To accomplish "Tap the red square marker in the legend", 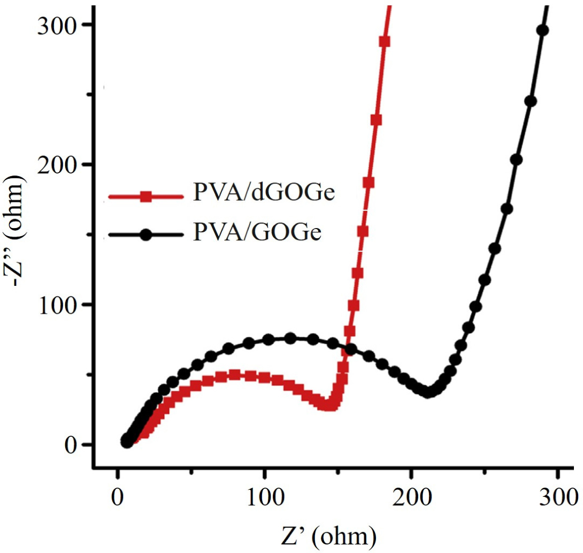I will pyautogui.click(x=144, y=197).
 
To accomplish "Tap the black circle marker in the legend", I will pyautogui.click(x=144, y=235).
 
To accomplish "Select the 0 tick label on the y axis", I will pyautogui.click(x=72, y=445).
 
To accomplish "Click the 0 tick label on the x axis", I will pyautogui.click(x=117, y=491).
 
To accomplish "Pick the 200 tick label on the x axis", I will pyautogui.click(x=411, y=491).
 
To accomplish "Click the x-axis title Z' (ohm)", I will pyautogui.click(x=338, y=533).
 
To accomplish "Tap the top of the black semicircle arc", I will pyautogui.click(x=290, y=338).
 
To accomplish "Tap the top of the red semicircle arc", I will pyautogui.click(x=235, y=374).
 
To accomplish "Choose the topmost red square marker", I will pyautogui.click(x=384, y=41).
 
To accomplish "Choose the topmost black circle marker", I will pyautogui.click(x=543, y=31).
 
